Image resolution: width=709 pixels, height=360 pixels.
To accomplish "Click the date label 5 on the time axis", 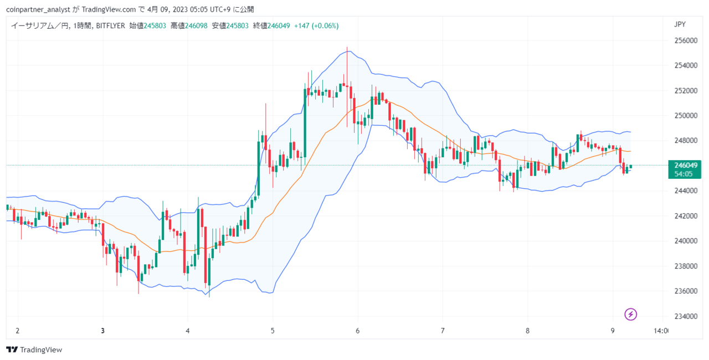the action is click(273, 331).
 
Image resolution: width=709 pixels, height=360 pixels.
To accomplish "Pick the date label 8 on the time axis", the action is click(527, 331).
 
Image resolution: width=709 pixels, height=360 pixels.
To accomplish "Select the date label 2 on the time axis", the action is click(18, 331).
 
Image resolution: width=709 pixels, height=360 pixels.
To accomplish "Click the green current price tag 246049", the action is click(685, 169).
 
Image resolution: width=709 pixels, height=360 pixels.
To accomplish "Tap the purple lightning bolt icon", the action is click(630, 315).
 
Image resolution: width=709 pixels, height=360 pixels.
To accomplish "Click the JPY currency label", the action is click(680, 24).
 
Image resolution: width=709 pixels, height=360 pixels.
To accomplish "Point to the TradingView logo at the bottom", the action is click(34, 349).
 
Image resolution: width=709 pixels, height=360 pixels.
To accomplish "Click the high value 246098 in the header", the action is click(196, 25).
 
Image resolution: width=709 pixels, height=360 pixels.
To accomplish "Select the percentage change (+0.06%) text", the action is click(325, 25).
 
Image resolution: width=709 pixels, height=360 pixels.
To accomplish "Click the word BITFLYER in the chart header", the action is click(110, 25).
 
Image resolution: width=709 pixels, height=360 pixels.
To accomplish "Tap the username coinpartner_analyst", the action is click(38, 9).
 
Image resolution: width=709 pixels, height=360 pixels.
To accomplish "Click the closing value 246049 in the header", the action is click(279, 25).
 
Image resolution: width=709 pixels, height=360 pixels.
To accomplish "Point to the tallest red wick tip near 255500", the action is click(347, 48).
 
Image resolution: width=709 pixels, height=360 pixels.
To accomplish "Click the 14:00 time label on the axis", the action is click(661, 331).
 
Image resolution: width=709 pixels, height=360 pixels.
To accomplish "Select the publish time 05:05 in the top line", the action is click(199, 9).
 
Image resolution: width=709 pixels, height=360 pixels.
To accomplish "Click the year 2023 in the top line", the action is click(180, 9).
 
